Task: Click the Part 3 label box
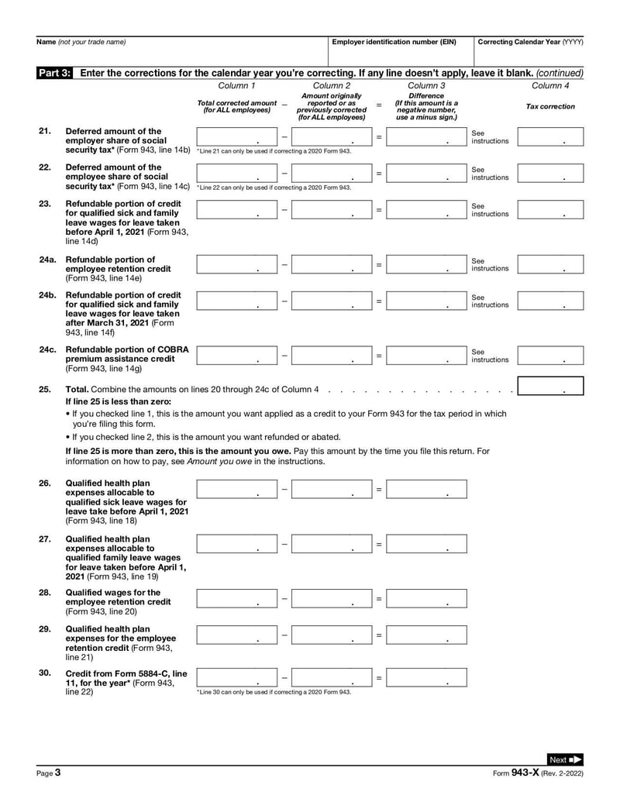[55, 72]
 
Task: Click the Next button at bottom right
[565, 759]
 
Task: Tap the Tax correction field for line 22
[550, 174]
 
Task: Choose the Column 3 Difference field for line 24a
[426, 264]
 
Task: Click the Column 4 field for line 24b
[550, 301]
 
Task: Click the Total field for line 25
[550, 386]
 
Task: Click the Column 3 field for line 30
[426, 677]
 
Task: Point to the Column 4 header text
[550, 85]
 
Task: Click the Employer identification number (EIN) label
[394, 42]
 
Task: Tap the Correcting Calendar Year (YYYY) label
[531, 42]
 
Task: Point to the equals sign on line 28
[379, 598]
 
